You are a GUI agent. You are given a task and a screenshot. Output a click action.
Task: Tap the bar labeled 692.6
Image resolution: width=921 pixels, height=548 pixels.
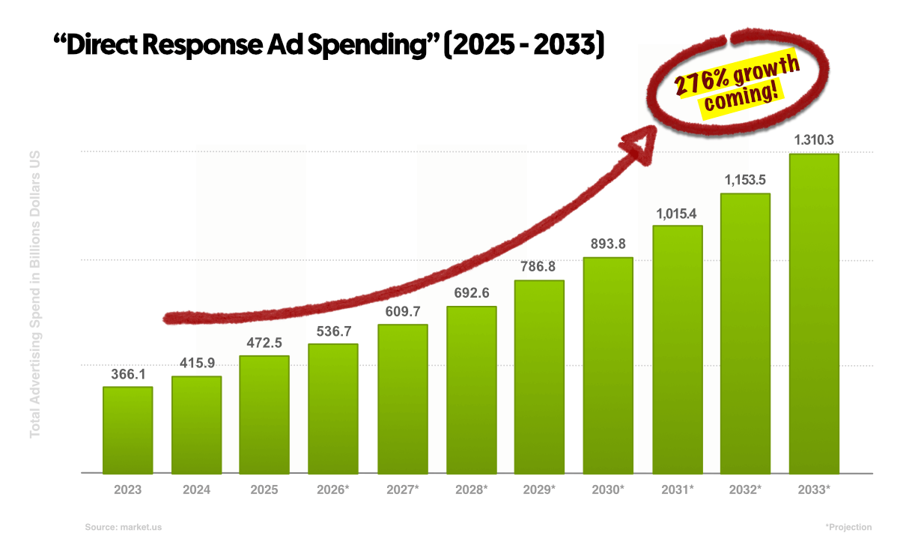click(x=471, y=390)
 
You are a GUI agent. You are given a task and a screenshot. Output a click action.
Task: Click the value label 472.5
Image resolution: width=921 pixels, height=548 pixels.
click(x=265, y=343)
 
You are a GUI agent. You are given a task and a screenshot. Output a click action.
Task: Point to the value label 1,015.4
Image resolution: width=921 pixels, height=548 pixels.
click(x=677, y=213)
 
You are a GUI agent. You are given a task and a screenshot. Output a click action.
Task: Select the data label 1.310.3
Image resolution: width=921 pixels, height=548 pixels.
click(x=814, y=140)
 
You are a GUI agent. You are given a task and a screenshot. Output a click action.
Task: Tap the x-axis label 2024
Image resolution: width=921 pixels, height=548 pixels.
click(x=196, y=490)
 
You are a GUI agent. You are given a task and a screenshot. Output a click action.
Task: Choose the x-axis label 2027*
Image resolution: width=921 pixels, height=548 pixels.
click(x=402, y=490)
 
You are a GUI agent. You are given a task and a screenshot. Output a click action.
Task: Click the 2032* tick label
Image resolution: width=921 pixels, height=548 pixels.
click(x=745, y=490)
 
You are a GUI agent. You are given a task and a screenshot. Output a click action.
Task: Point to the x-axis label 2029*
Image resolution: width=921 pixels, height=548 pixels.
click(x=539, y=490)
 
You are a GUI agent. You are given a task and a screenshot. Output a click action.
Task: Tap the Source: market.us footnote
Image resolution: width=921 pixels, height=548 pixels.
click(x=123, y=527)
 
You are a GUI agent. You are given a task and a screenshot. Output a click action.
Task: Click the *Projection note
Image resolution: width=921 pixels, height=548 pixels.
click(x=848, y=527)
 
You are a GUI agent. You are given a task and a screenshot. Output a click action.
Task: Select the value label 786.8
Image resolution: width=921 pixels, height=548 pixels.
click(x=539, y=267)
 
